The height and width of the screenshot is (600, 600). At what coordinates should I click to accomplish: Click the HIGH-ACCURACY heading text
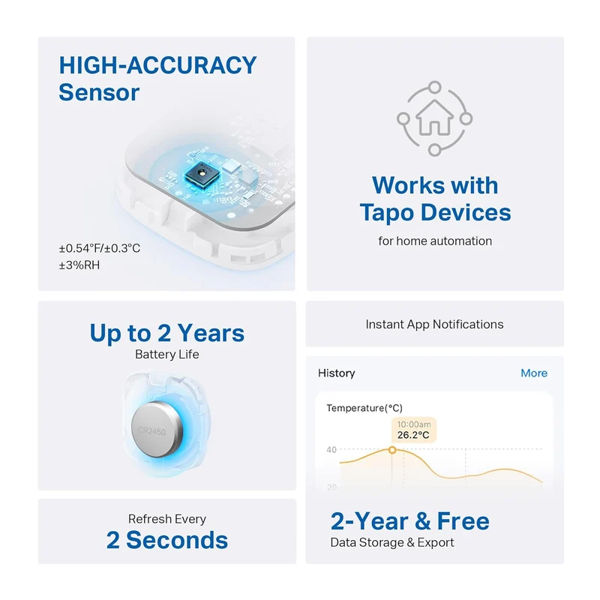157,65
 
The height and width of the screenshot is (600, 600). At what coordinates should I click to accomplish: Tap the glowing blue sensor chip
202,174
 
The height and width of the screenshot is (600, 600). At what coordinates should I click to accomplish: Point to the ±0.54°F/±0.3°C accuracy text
100,248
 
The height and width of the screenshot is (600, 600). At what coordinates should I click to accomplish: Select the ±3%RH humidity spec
79,265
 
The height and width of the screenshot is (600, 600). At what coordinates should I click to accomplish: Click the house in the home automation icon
434,118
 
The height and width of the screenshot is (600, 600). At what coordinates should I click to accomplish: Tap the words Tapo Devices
435,212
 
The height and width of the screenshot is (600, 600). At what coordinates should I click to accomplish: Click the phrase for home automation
435,241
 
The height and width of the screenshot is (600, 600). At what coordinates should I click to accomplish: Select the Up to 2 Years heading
166,333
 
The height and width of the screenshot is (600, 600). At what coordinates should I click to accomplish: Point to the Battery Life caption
166,354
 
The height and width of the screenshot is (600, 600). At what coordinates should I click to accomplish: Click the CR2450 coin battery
157,430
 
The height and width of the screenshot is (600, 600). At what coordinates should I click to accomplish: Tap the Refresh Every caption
166,519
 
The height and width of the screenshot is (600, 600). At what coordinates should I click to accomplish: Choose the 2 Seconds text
166,540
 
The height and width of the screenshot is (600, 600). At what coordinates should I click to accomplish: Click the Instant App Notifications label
434,325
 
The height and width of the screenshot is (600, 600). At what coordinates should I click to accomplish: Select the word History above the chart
336,373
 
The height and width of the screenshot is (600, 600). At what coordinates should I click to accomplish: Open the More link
534,373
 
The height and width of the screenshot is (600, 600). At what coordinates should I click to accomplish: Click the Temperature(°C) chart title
364,408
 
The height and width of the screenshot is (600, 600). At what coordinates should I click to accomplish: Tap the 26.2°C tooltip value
413,435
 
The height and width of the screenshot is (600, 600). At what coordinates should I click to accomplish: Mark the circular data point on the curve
392,450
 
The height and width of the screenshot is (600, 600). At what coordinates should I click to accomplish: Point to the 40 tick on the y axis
331,449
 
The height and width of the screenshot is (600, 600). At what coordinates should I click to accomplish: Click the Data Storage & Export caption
392,542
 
